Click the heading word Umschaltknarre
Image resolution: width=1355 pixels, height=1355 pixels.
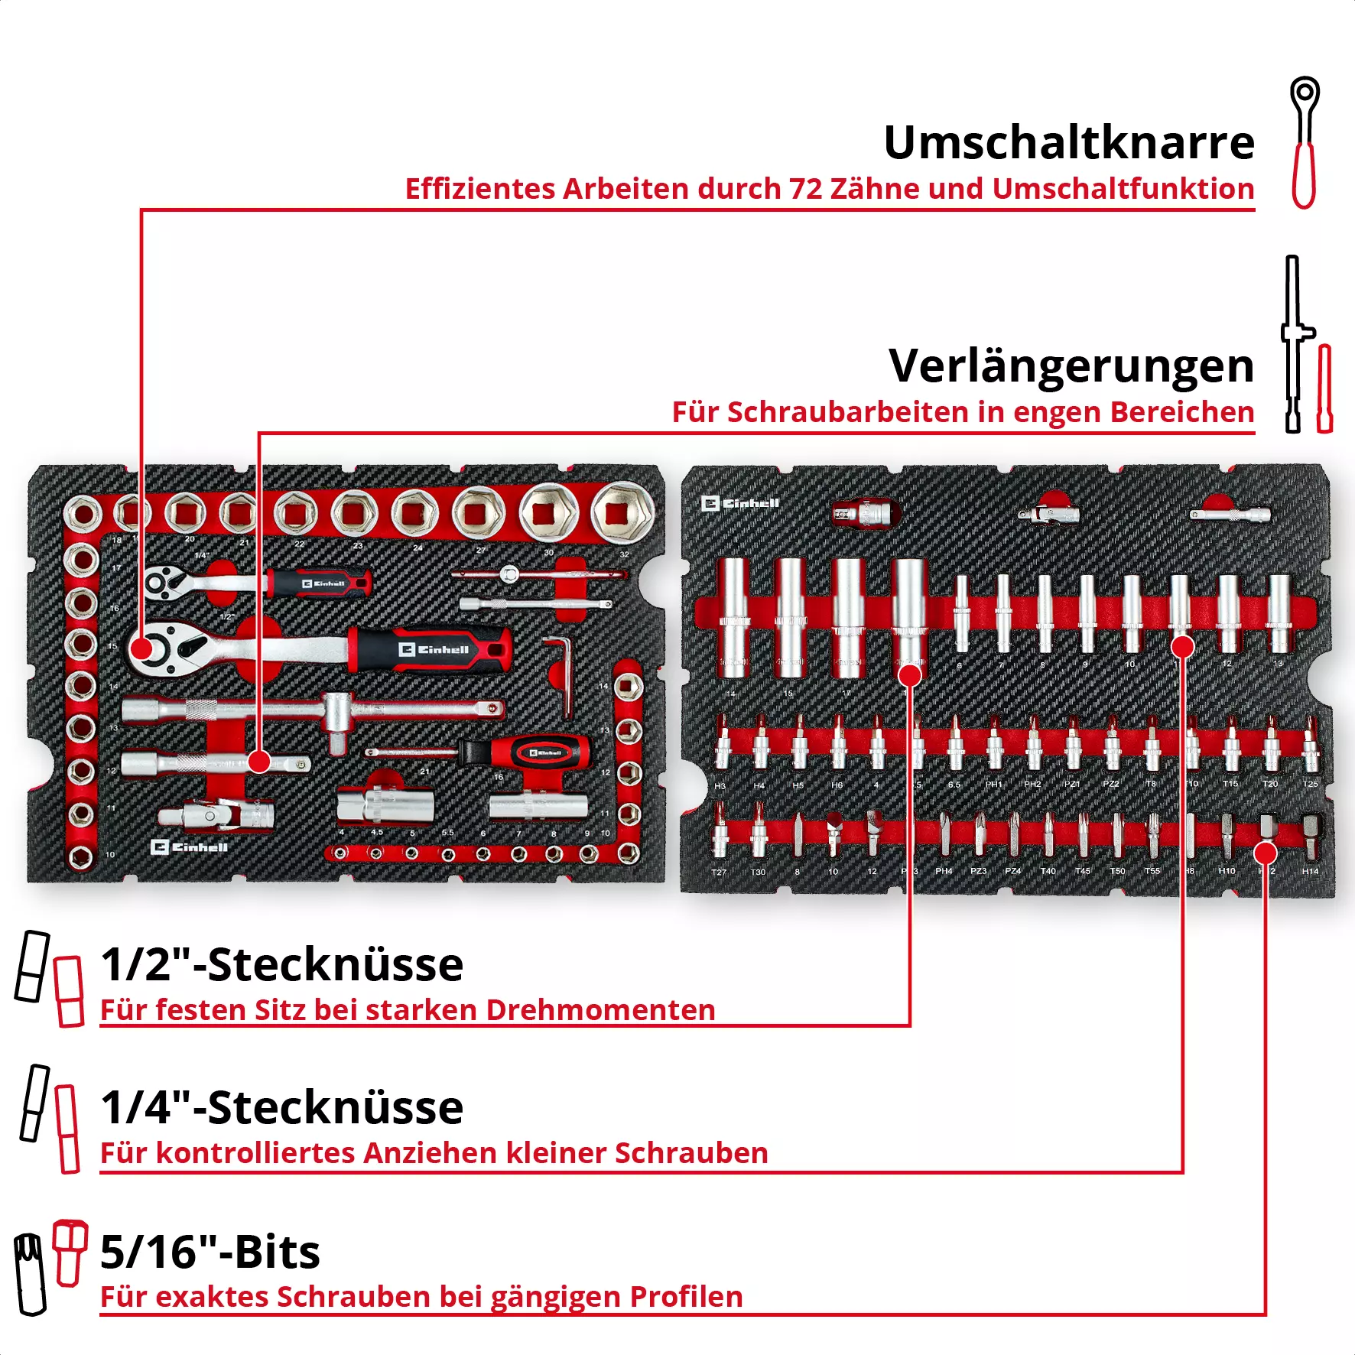(x=1068, y=143)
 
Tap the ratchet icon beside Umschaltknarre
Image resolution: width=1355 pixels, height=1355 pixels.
(x=1304, y=142)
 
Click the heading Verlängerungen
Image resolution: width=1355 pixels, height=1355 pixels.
(x=1071, y=366)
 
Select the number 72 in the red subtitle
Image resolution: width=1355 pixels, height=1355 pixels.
(x=805, y=189)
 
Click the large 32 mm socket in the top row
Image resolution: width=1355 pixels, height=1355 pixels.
(x=623, y=511)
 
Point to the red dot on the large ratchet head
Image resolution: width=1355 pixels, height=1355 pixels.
(x=141, y=649)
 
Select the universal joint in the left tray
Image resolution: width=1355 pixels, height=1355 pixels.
(x=218, y=815)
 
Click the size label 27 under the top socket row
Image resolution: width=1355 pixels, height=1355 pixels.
(x=481, y=550)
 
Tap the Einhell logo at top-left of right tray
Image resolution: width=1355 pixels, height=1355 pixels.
(x=739, y=503)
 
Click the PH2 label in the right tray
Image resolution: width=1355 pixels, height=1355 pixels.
(x=1032, y=785)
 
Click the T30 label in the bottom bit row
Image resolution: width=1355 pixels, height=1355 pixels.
(x=758, y=872)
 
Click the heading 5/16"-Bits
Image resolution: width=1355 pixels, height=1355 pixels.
(x=210, y=1253)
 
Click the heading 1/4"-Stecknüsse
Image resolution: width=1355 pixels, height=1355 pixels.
(x=281, y=1108)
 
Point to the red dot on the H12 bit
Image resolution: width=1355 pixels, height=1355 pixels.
(x=1266, y=853)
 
